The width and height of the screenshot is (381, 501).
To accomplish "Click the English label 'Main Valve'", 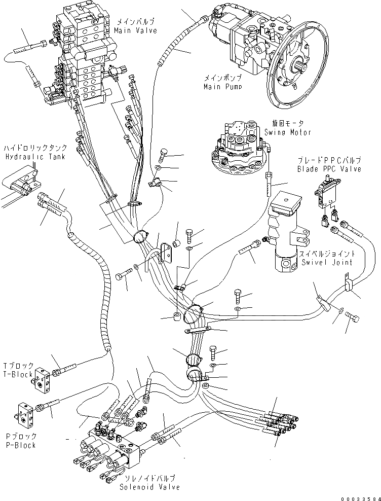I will (135, 30).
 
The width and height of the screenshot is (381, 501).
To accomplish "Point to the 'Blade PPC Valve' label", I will (329, 169).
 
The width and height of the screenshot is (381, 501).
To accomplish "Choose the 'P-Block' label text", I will (21, 445).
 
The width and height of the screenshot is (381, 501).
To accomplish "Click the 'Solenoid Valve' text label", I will (149, 487).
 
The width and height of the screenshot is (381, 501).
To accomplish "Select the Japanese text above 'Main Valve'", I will (135, 22).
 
